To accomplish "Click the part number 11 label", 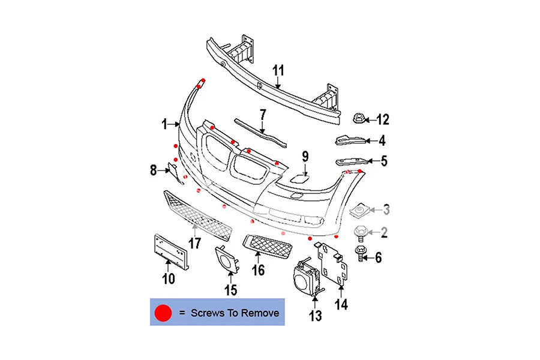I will (x=278, y=71).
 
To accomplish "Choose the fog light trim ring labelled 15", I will (x=226, y=259).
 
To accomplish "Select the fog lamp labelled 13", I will (x=306, y=279).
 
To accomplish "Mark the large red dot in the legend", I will (x=163, y=313).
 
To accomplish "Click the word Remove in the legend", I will (x=261, y=313).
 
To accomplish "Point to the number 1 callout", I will (x=164, y=124).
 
